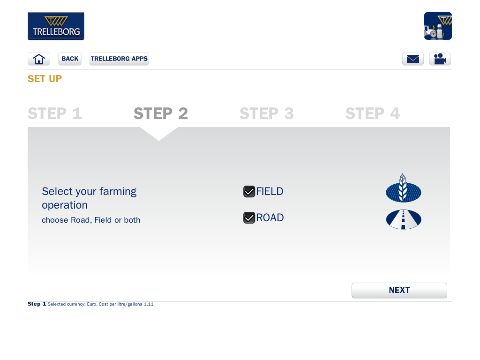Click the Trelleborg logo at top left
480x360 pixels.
56,26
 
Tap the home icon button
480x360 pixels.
39,59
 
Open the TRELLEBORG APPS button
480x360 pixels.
119,59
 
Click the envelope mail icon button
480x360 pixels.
412,59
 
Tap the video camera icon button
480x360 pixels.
440,59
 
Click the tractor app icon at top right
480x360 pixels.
438,26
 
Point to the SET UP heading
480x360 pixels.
45,79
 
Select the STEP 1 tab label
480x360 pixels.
55,113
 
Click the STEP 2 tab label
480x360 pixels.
161,113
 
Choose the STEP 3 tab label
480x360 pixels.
267,113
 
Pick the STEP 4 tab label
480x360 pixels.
373,113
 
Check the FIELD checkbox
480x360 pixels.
249,192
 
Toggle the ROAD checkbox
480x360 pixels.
249,217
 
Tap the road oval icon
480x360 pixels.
404,219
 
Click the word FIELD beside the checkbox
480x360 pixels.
270,192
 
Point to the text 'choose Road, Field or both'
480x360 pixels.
91,220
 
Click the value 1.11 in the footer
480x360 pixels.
149,304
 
